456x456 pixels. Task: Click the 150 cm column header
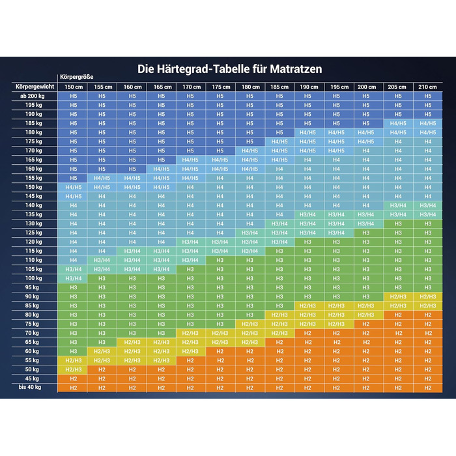tap(73, 87)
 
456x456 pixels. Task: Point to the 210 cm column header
tap(427, 87)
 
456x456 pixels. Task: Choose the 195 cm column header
tap(336, 87)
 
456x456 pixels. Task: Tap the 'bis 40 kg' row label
tap(29, 388)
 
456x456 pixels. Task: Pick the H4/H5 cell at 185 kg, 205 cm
tap(398, 123)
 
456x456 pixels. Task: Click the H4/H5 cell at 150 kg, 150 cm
tap(73, 187)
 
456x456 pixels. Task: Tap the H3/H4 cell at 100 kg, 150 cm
tap(73, 278)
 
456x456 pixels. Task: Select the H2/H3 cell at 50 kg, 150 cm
tap(73, 369)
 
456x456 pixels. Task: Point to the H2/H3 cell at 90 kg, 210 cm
tap(427, 296)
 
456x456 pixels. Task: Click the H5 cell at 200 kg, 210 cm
tap(427, 96)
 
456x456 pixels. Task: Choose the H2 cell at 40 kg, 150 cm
tap(73, 388)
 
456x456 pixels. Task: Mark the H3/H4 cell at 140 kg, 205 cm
tap(398, 205)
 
